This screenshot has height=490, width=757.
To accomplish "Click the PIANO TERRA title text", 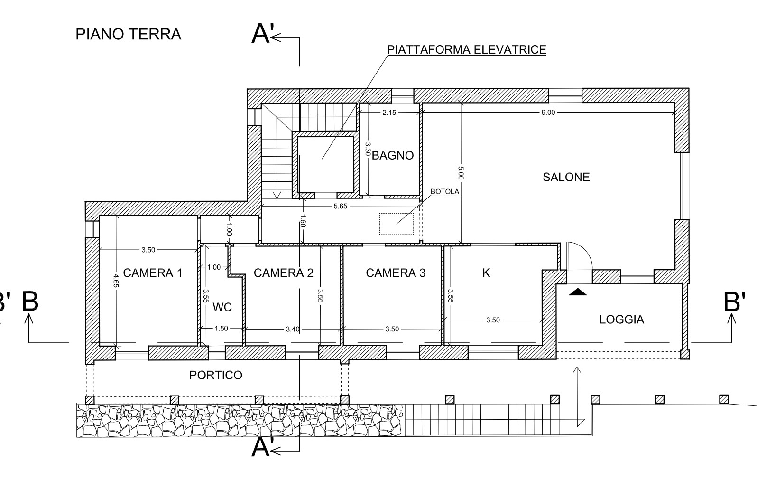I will [128, 34].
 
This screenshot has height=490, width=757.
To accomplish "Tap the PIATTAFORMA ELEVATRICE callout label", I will [466, 49].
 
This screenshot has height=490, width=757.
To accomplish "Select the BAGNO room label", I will [392, 155].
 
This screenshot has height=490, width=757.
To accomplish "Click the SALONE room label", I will [566, 177].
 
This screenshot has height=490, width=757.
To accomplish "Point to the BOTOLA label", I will [444, 192].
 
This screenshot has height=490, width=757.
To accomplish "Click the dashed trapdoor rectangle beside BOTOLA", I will [396, 224].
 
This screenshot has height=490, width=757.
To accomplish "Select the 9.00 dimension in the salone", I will [548, 113].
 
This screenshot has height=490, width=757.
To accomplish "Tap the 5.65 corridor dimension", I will [341, 206].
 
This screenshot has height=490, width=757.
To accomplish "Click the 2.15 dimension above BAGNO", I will [389, 113].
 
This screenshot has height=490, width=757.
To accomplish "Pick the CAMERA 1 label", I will [152, 273].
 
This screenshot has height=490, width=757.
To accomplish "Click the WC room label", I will [222, 307].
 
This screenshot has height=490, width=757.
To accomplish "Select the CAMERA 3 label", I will [396, 273].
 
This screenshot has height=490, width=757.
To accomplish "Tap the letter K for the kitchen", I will [486, 273].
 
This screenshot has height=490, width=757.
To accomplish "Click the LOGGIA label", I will [621, 320].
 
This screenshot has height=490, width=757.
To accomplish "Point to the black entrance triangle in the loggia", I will [577, 292].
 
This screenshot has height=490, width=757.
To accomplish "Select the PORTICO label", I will [215, 375].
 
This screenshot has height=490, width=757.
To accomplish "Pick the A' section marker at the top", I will [262, 34].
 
